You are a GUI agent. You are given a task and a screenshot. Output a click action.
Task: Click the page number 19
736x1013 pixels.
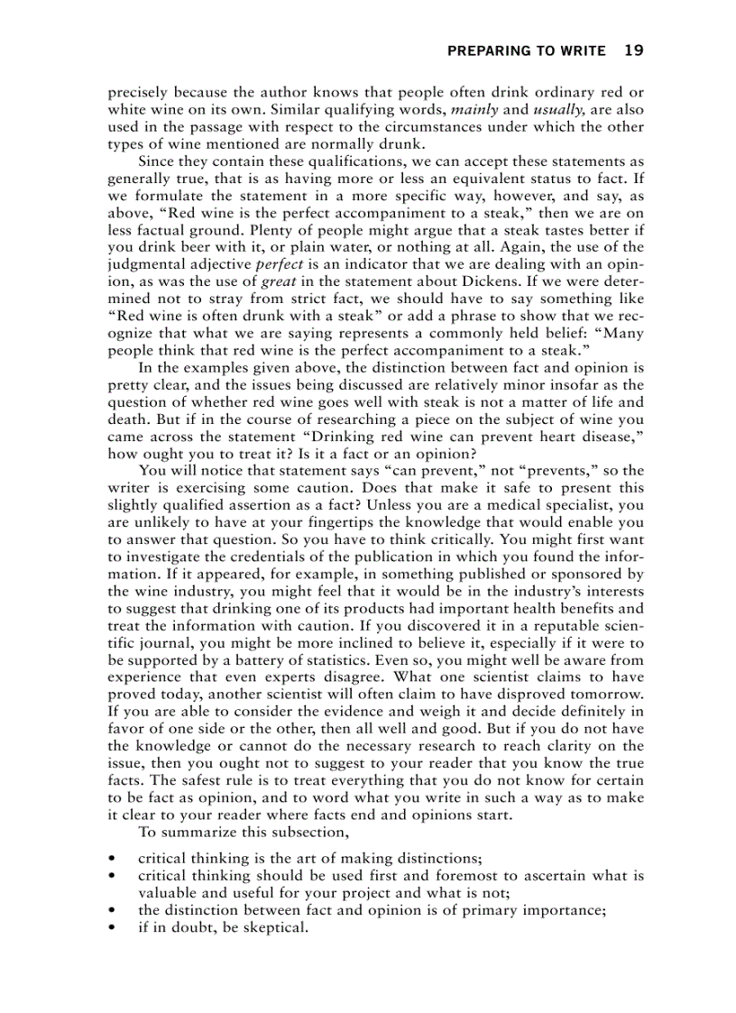pyautogui.click(x=633, y=51)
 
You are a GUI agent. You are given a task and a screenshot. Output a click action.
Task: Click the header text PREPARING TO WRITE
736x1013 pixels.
pyautogui.click(x=526, y=51)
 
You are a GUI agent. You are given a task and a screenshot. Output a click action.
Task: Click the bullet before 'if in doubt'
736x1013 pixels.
pyautogui.click(x=112, y=926)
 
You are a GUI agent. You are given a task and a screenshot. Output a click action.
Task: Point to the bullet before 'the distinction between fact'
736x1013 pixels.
pyautogui.click(x=112, y=910)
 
